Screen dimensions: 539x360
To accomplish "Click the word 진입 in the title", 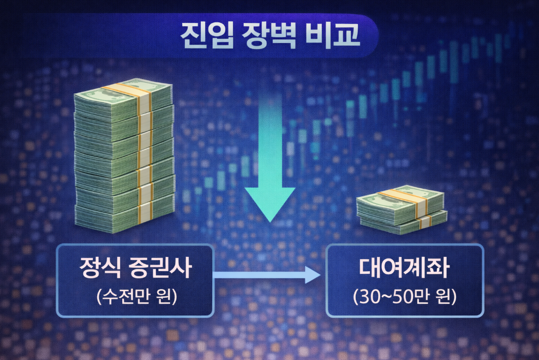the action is click(x=207, y=36).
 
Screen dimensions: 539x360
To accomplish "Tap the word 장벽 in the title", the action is click(x=269, y=36).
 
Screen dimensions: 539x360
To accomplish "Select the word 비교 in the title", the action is click(x=332, y=35).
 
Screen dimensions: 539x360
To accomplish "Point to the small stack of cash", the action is click(x=402, y=210).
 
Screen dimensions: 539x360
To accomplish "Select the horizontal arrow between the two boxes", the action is click(x=267, y=275).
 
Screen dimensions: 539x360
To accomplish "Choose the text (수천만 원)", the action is click(x=137, y=296).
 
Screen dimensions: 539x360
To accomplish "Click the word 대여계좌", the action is click(x=404, y=267).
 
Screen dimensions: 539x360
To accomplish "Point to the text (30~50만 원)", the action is click(x=405, y=297).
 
